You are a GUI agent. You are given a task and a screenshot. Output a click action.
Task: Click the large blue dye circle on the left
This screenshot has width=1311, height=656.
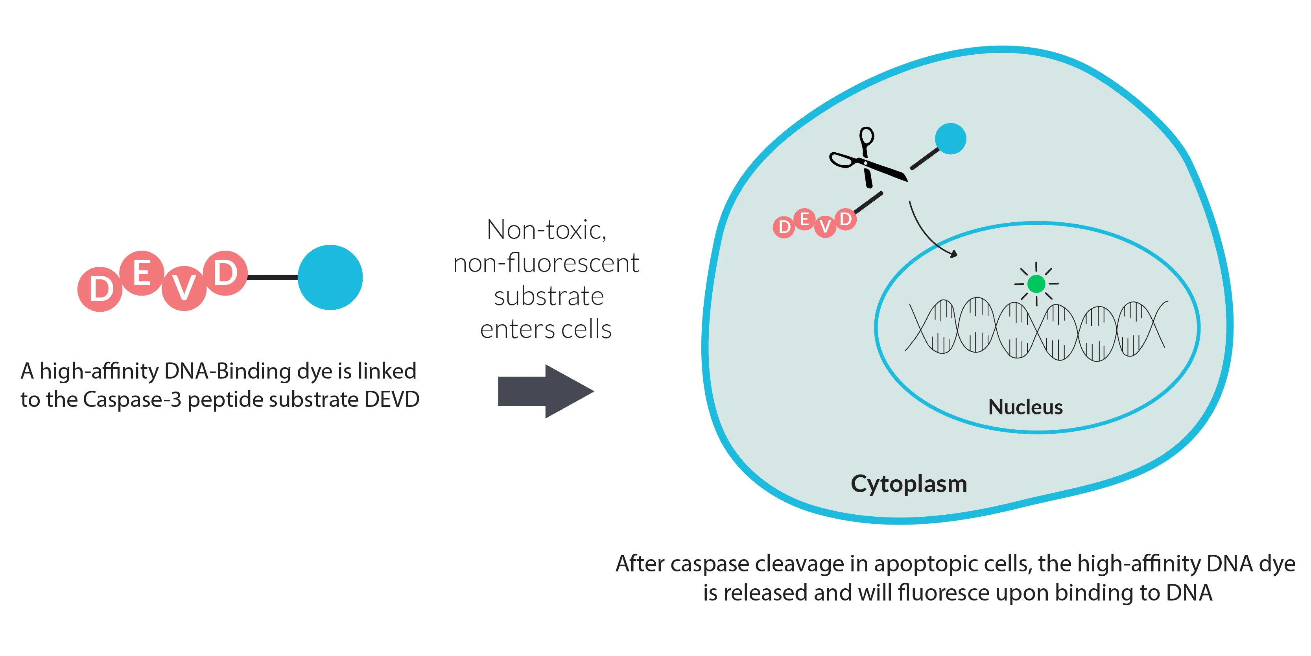[330, 277]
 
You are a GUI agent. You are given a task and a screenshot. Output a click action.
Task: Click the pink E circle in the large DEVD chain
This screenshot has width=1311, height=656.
[142, 273]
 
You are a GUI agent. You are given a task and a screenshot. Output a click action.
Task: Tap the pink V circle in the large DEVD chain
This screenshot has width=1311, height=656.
[184, 288]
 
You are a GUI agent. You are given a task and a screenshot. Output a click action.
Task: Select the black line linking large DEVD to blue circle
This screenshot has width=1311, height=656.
[272, 277]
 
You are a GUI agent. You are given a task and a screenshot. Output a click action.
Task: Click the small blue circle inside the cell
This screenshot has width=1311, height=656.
[950, 139]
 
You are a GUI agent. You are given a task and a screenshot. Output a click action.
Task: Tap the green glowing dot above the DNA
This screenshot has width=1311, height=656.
[1036, 284]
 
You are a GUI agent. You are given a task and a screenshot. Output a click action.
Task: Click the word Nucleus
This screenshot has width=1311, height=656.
[1025, 407]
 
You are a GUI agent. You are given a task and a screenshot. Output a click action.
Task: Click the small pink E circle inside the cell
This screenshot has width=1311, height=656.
[804, 220]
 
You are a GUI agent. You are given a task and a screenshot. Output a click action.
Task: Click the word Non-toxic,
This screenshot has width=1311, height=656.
[546, 230]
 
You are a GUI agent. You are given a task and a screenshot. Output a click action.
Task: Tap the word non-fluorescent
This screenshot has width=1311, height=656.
[546, 263]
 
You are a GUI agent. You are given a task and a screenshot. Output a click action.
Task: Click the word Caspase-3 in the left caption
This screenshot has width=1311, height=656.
[132, 399]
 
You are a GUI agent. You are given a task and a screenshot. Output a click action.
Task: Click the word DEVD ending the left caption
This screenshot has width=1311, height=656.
[392, 399]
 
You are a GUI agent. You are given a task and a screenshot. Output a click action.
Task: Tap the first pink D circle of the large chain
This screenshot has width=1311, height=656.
[100, 289]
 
